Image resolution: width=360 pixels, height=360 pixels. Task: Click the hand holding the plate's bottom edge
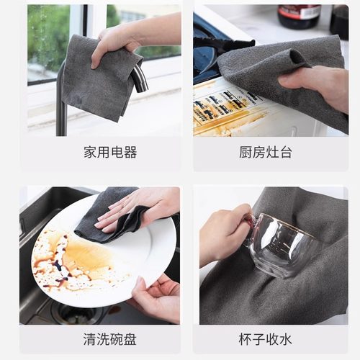point(155,295)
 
